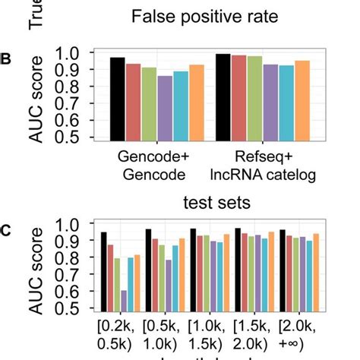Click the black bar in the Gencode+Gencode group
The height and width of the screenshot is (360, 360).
pyautogui.click(x=117, y=99)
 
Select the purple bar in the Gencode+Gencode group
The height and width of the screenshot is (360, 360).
pyautogui.click(x=166, y=108)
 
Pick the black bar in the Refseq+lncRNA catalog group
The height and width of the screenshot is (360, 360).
pyautogui.click(x=223, y=97)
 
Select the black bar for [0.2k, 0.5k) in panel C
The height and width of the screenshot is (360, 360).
pyautogui.click(x=104, y=271)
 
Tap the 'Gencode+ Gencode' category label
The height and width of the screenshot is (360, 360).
pyautogui.click(x=152, y=166)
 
